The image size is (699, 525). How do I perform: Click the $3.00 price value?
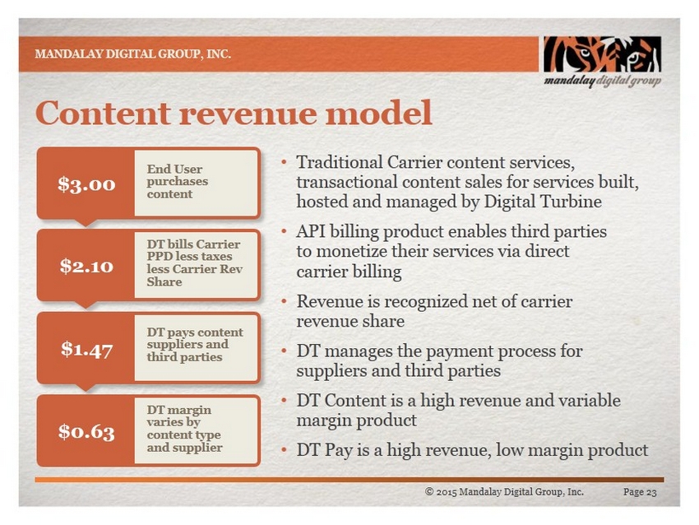(86, 184)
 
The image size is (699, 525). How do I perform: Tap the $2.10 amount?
(86, 266)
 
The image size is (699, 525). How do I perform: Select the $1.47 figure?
(86, 349)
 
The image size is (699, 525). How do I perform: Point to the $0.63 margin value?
(86, 431)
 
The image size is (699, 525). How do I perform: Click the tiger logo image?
(602, 54)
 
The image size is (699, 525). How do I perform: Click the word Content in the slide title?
(103, 113)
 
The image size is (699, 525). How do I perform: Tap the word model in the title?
(379, 113)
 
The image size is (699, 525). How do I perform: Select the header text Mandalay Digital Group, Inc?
(133, 54)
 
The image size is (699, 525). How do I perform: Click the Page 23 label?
(640, 492)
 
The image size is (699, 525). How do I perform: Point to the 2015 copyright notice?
(504, 491)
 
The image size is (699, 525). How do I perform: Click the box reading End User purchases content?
(197, 184)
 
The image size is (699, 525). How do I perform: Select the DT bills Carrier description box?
(197, 264)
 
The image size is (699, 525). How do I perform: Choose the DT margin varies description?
(197, 430)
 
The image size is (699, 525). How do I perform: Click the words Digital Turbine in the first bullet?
(543, 202)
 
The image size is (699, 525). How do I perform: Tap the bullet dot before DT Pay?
(284, 449)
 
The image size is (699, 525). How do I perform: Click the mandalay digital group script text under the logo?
(602, 81)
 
